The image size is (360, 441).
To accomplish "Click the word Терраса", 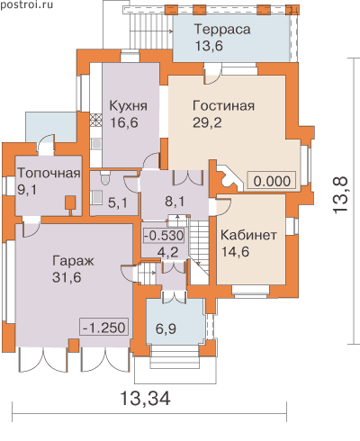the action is [x=222, y=30].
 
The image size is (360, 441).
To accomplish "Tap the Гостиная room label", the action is [x=223, y=105].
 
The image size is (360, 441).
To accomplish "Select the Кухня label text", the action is [x=129, y=105].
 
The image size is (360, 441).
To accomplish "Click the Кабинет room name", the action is [x=248, y=235].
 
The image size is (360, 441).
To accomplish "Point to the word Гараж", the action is [x=73, y=261].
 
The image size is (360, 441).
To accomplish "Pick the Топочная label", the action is [x=49, y=173].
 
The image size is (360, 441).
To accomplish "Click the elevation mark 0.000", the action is [x=272, y=181].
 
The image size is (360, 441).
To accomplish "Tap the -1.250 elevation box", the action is [x=103, y=327].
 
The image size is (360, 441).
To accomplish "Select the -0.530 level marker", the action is [x=164, y=236].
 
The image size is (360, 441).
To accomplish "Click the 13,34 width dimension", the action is [x=146, y=399].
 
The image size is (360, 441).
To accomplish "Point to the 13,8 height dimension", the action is [x=340, y=195].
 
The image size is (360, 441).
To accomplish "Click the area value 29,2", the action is [x=207, y=122].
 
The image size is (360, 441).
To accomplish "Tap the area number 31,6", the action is [x=67, y=277].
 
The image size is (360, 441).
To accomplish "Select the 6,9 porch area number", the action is [x=166, y=328].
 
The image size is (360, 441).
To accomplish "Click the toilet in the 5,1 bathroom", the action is [x=105, y=178].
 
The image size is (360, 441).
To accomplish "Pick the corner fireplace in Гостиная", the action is [x=229, y=177].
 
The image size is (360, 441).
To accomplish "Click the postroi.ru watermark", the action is [x=27, y=4].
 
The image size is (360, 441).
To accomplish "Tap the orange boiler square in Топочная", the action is [x=71, y=202].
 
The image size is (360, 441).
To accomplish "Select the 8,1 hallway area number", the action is [x=175, y=202].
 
